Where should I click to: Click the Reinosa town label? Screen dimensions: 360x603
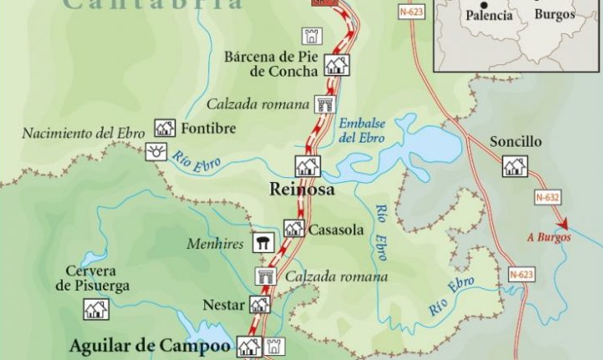(x=302, y=189)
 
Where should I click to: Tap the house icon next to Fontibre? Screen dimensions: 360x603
(x=165, y=128)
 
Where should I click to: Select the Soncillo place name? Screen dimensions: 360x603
(x=516, y=142)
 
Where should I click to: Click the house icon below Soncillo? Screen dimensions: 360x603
(x=515, y=166)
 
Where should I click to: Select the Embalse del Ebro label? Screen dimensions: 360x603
(x=362, y=130)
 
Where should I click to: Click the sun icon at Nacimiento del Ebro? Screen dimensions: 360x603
(x=155, y=152)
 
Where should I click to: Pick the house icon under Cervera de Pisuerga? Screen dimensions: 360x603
(x=96, y=309)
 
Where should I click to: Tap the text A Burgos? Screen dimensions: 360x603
(x=547, y=239)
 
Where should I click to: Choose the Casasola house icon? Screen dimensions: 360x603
(x=294, y=229)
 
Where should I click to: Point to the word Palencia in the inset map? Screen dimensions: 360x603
(x=488, y=16)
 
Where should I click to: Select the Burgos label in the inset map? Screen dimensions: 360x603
(x=554, y=15)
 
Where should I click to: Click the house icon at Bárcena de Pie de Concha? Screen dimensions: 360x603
(x=336, y=64)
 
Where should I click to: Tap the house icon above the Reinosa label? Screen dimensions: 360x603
(x=307, y=166)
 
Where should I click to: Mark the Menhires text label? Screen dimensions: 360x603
(x=215, y=244)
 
